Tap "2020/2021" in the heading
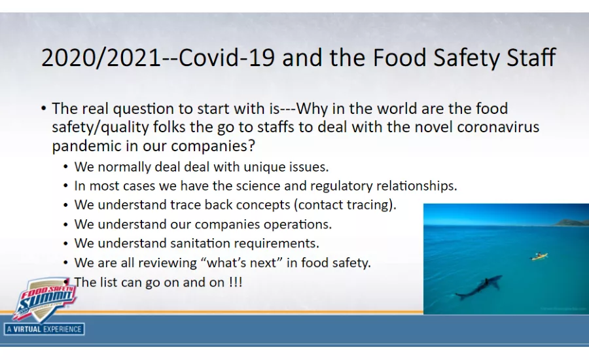[x=100, y=58]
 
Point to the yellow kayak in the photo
[x=539, y=256]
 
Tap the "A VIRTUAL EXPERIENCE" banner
[x=44, y=329]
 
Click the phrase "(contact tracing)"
[x=346, y=204]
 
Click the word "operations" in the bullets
[x=296, y=224]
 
